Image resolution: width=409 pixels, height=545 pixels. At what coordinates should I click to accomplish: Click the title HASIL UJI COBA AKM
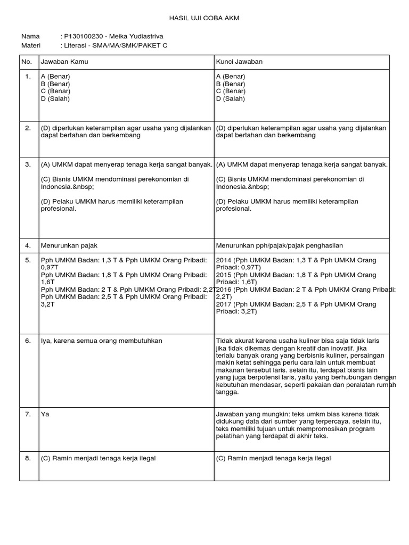tap(204, 18)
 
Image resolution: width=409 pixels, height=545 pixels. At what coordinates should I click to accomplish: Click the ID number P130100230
tap(84, 36)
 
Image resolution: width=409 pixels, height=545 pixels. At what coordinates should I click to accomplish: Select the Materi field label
tap(31, 45)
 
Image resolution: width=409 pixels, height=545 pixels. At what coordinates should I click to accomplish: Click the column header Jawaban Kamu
tap(64, 62)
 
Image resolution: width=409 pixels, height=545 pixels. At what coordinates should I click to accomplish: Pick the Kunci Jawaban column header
tap(239, 62)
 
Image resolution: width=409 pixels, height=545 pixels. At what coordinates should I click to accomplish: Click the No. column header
tap(27, 62)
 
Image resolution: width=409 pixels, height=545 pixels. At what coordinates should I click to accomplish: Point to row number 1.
tap(28, 77)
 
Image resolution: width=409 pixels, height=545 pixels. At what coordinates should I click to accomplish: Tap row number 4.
tap(28, 245)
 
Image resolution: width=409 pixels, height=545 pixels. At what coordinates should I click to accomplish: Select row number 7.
tap(28, 414)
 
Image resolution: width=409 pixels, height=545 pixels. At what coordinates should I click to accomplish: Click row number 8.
tap(28, 458)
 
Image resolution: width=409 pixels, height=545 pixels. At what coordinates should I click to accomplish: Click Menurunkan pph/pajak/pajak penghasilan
tap(280, 245)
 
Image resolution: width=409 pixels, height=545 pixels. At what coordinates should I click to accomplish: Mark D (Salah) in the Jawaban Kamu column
tap(55, 99)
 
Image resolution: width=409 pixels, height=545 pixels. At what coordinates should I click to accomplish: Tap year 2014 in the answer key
tap(224, 260)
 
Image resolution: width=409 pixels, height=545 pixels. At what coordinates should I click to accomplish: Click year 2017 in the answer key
tap(224, 304)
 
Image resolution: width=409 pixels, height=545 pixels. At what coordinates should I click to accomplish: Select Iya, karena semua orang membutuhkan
tap(102, 341)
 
